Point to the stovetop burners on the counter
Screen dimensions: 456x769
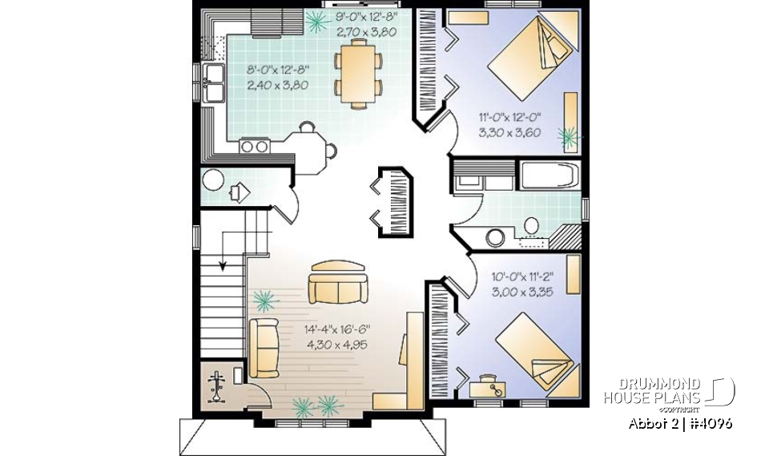click(x=255, y=146)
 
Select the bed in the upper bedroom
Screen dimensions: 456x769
click(x=532, y=57)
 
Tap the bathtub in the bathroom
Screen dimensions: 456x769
click(x=549, y=176)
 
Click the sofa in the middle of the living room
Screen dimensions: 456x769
click(x=336, y=284)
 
